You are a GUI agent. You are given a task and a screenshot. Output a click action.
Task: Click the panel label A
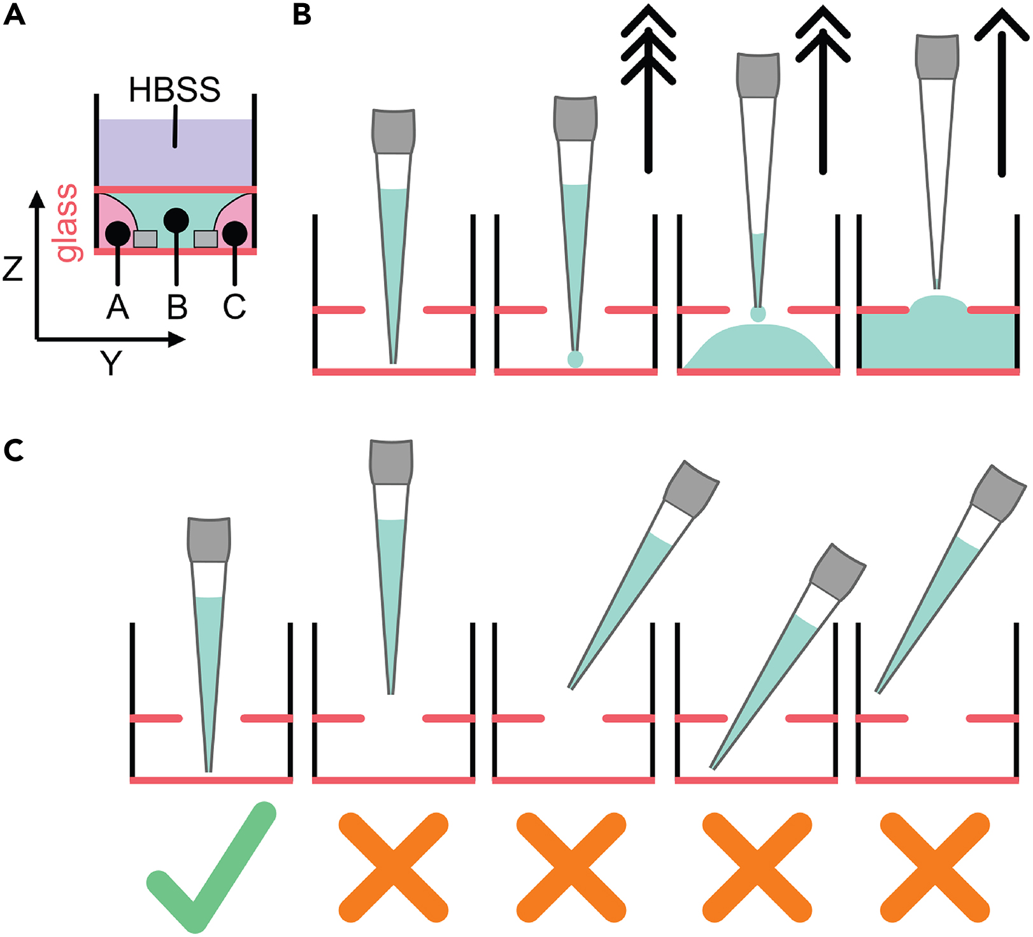(14, 14)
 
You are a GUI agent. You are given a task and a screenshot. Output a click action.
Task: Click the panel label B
(302, 14)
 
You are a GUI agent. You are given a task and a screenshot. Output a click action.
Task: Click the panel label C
(14, 450)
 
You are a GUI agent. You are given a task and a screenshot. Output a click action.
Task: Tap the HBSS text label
(175, 90)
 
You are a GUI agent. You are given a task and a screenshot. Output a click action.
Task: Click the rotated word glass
(67, 223)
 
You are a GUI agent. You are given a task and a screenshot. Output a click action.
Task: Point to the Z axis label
(13, 269)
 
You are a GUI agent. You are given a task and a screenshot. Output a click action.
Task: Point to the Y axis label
(111, 364)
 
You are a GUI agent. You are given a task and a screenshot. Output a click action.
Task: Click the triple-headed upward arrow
(648, 89)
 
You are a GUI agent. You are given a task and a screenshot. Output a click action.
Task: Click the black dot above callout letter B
(176, 220)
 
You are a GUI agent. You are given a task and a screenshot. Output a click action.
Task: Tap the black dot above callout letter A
(118, 234)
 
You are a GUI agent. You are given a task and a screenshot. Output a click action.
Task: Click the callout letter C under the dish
(234, 307)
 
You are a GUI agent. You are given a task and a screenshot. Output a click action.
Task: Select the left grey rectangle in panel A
(145, 239)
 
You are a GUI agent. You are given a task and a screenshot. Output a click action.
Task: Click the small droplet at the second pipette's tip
(575, 359)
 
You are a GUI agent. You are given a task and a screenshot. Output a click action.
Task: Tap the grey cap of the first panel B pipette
(394, 131)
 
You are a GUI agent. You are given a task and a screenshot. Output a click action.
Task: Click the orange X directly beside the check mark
(393, 867)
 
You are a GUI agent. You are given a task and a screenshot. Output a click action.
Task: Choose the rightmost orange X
(934, 867)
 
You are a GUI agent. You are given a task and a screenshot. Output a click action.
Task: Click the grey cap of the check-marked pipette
(209, 540)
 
